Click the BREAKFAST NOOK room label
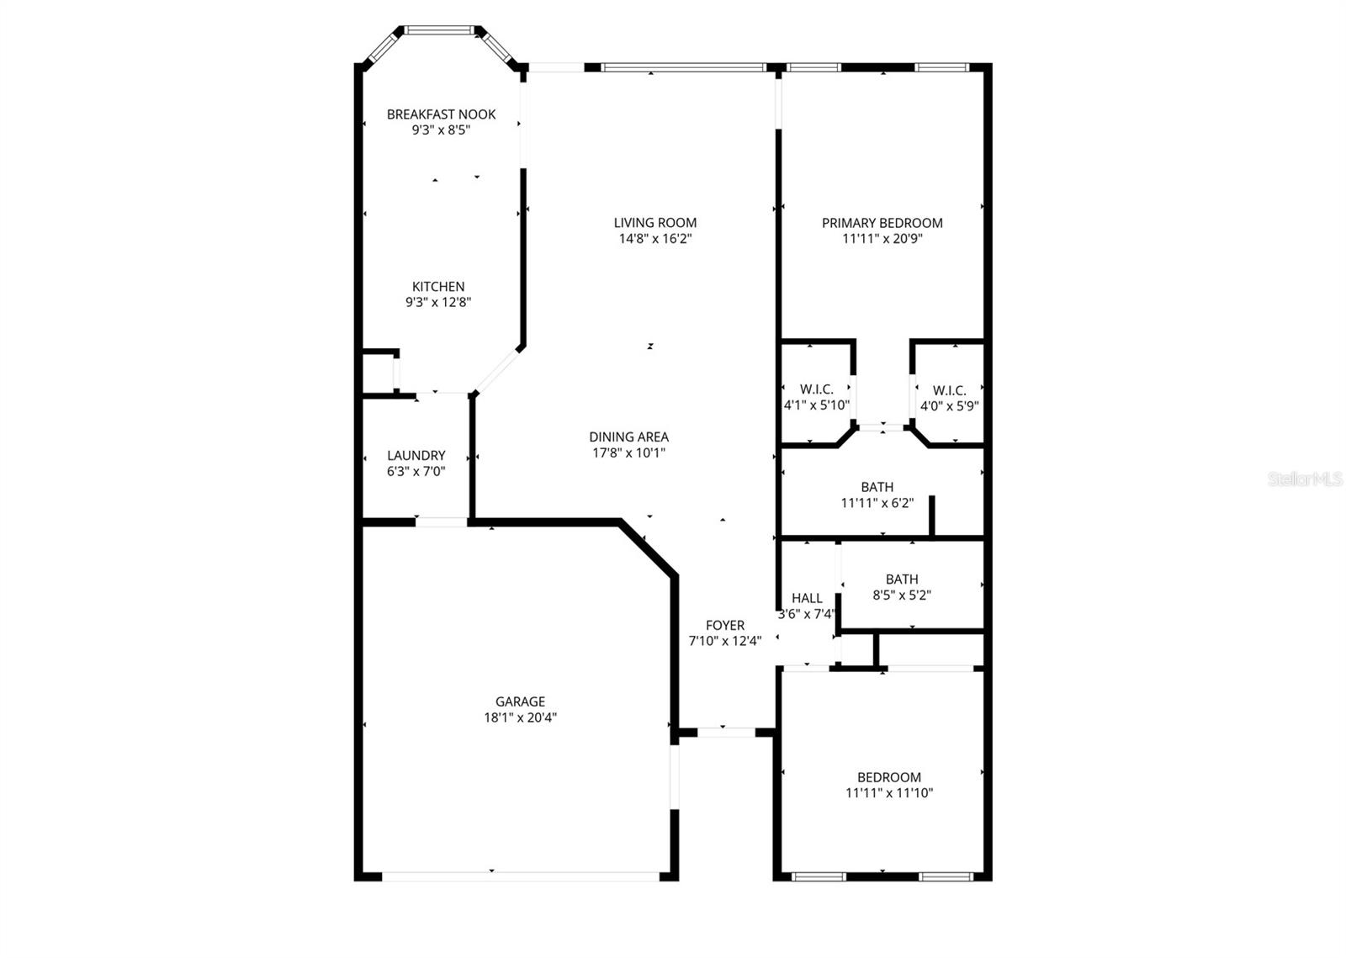coord(441,114)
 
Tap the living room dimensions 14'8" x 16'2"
coord(654,239)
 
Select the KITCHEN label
coord(437,287)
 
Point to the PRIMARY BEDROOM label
coord(882,223)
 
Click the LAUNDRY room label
coord(416,456)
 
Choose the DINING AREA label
coord(628,437)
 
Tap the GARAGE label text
coord(520,701)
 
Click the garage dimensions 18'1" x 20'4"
coord(520,717)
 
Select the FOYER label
coord(724,626)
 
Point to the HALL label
coord(807,598)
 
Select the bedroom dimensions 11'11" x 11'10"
coord(889,792)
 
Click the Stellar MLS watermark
coord(1305,479)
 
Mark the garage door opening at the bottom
coord(521,876)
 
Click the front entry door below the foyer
coord(726,733)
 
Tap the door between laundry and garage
coord(441,522)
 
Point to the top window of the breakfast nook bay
coord(439,30)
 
